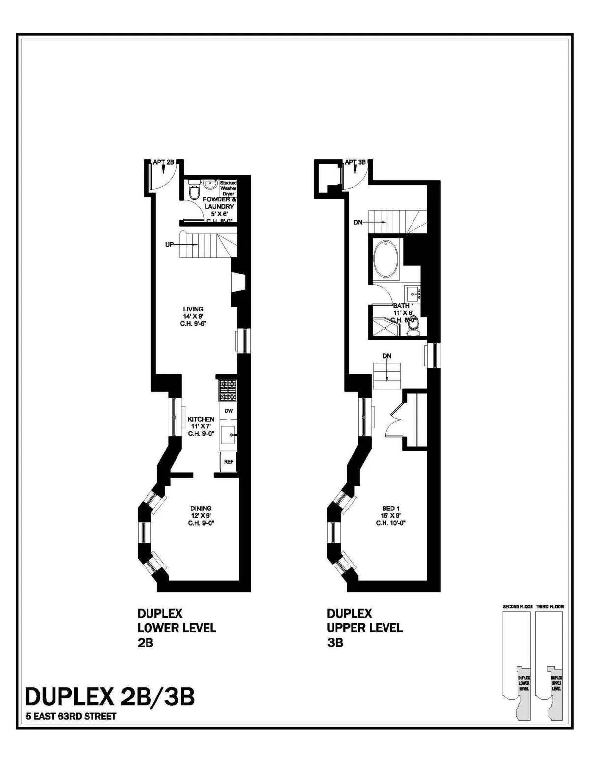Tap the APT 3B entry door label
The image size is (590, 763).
tap(355, 162)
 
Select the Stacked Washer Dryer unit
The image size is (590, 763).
tap(228, 188)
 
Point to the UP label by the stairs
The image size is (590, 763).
tap(170, 244)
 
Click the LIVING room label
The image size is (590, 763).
tap(193, 309)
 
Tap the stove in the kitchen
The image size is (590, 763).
tap(228, 391)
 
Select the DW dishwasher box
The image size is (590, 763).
tap(229, 410)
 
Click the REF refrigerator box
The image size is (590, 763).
tap(229, 462)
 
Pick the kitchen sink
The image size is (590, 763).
tap(228, 435)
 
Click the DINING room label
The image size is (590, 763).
tap(201, 508)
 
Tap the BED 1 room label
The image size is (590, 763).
tap(391, 508)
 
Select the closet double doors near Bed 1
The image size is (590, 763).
tap(396, 421)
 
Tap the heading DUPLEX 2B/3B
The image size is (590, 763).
tap(110, 697)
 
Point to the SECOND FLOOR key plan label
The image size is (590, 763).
tap(518, 607)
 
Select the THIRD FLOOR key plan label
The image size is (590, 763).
tap(550, 607)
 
